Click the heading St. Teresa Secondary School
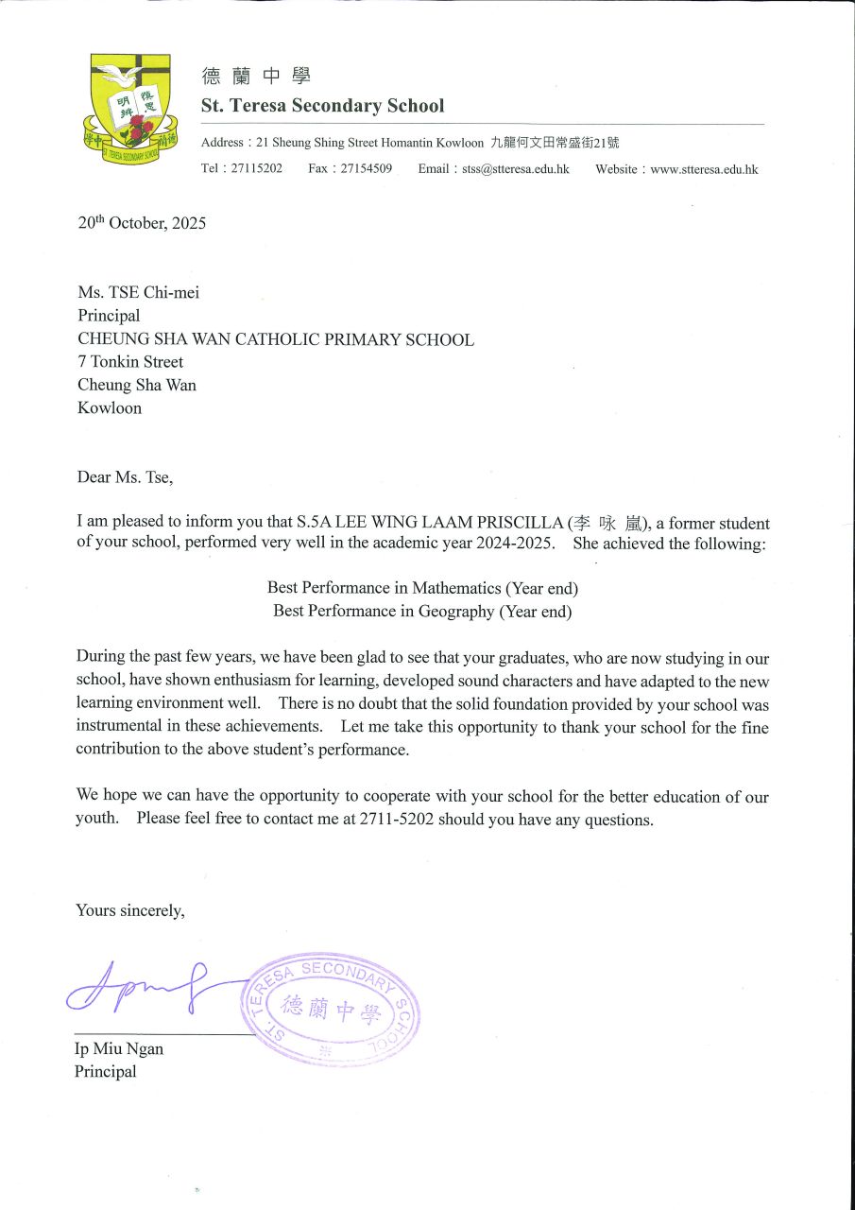click(322, 106)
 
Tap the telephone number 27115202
click(256, 169)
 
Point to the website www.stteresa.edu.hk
click(704, 169)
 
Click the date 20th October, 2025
click(142, 224)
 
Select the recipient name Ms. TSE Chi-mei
click(138, 293)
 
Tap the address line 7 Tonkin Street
click(130, 362)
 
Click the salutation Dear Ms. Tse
click(125, 477)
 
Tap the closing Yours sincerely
click(130, 910)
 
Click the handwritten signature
click(151, 985)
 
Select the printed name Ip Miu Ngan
click(118, 1049)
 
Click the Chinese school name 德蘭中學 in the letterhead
click(256, 77)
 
